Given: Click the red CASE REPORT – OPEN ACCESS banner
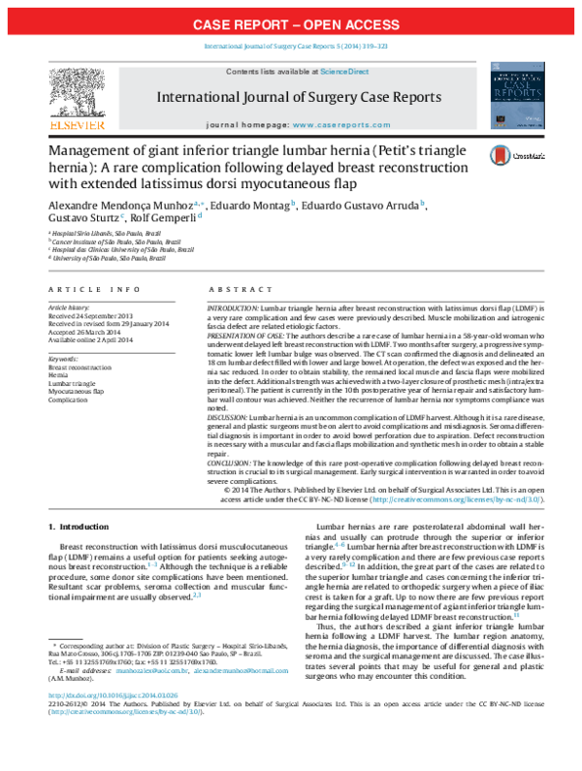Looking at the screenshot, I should pyautogui.click(x=291, y=23).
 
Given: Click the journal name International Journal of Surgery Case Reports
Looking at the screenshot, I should pyautogui.click(x=292, y=98).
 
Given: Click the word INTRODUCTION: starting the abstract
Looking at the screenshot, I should pyautogui.click(x=234, y=306).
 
